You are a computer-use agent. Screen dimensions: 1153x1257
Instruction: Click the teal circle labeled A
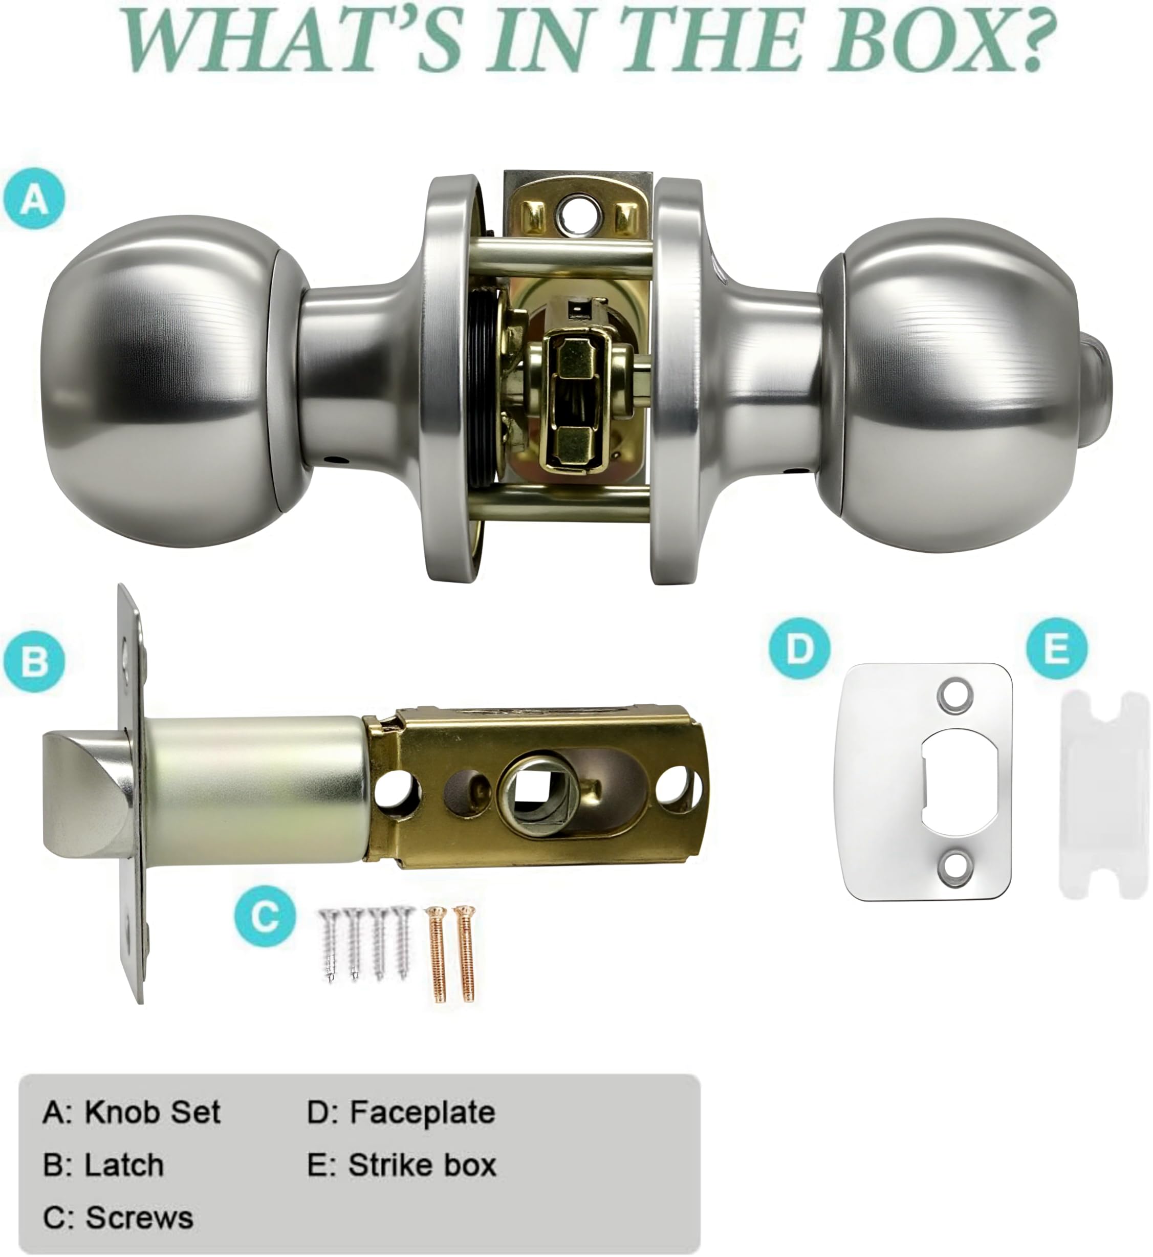(x=34, y=199)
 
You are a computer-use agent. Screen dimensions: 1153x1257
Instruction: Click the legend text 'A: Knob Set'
(x=132, y=1113)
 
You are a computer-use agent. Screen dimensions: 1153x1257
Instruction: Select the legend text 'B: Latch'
(x=103, y=1165)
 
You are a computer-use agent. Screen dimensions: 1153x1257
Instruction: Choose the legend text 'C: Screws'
(x=118, y=1218)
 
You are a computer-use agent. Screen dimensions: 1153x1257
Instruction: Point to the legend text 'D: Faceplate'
(x=401, y=1113)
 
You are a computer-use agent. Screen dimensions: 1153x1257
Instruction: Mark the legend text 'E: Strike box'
(x=402, y=1165)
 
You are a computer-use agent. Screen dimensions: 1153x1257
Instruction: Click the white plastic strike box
(x=1105, y=795)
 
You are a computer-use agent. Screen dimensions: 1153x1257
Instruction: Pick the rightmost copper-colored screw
(x=464, y=955)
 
